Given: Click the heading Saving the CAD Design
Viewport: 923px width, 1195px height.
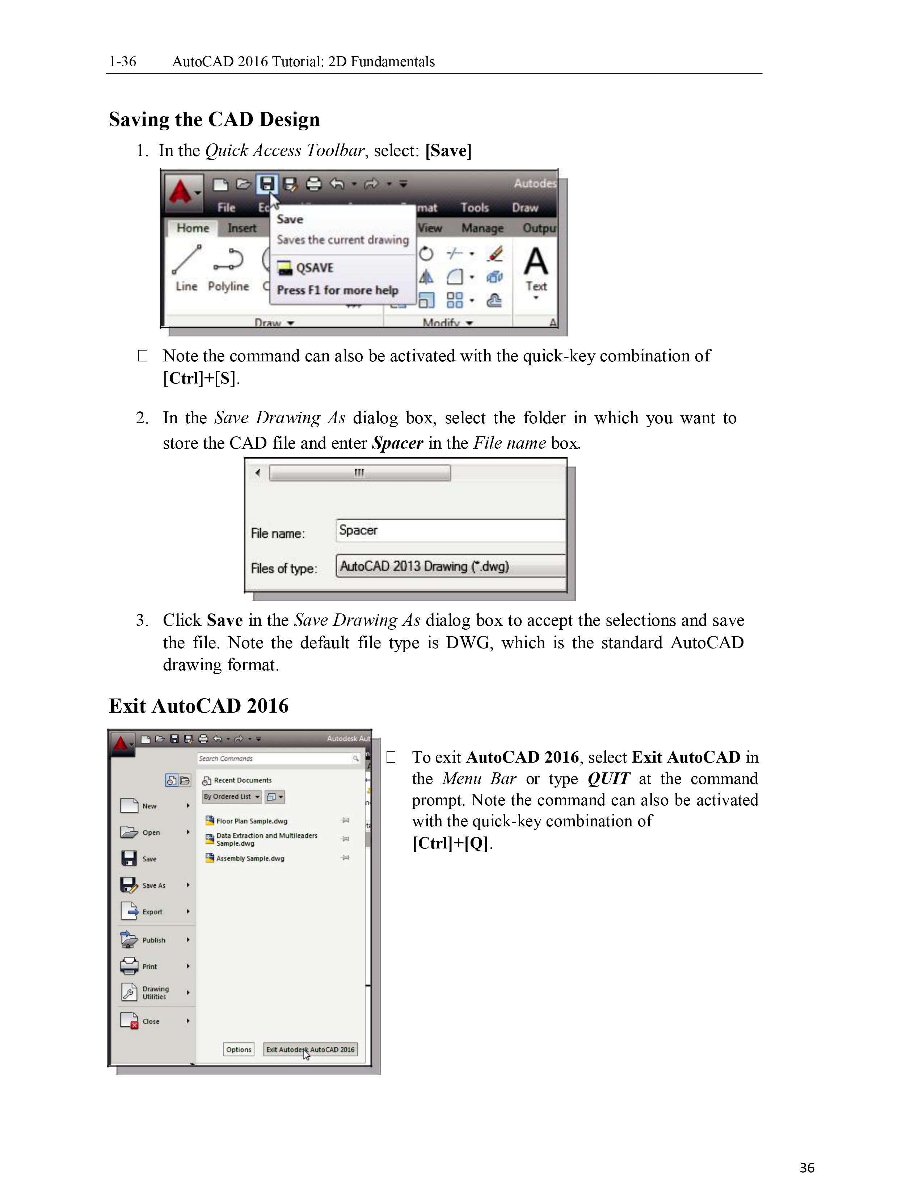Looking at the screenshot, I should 214,119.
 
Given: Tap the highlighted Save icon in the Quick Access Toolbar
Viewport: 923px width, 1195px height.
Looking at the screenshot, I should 267,184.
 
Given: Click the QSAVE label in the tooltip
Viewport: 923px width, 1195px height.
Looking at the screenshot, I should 315,268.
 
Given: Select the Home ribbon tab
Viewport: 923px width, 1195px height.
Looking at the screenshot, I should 193,228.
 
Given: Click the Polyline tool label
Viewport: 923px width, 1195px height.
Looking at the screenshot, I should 228,286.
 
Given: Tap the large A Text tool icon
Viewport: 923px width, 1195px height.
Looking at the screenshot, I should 536,263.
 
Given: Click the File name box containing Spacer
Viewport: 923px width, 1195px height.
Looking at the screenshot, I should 450,530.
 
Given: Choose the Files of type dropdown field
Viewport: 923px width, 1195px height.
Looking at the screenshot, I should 450,566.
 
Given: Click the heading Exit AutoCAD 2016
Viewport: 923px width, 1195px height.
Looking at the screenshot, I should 198,706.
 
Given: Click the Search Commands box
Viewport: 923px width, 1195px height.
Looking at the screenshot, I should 276,758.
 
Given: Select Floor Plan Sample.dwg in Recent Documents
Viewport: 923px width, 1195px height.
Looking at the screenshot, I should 252,821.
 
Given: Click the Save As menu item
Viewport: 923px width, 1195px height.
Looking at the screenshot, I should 153,885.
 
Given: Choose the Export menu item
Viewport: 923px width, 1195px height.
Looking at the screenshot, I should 152,911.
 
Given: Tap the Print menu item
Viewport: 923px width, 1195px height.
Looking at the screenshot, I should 149,966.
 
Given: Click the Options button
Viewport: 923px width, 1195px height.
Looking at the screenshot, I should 239,1049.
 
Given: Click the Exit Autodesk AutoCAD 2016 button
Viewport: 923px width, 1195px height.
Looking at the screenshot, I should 310,1049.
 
